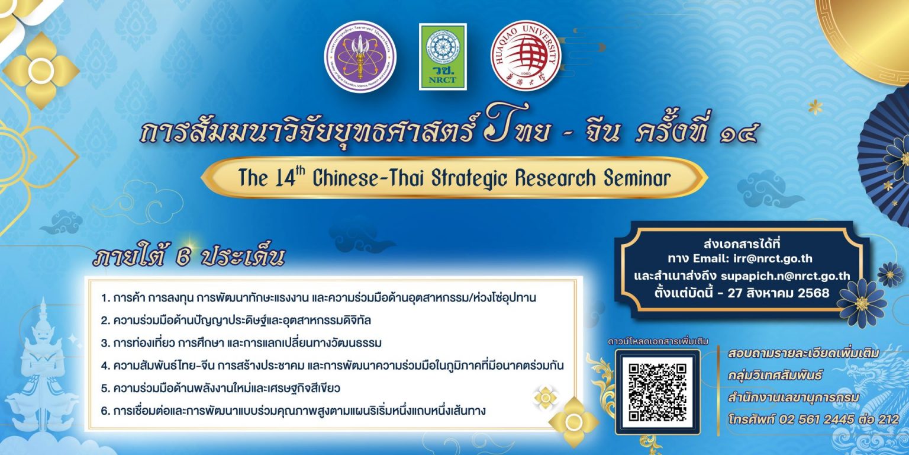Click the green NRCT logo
(443, 57)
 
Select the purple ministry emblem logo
(360, 57)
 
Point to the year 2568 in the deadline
(813, 293)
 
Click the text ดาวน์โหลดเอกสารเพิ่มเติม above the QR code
(654, 342)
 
